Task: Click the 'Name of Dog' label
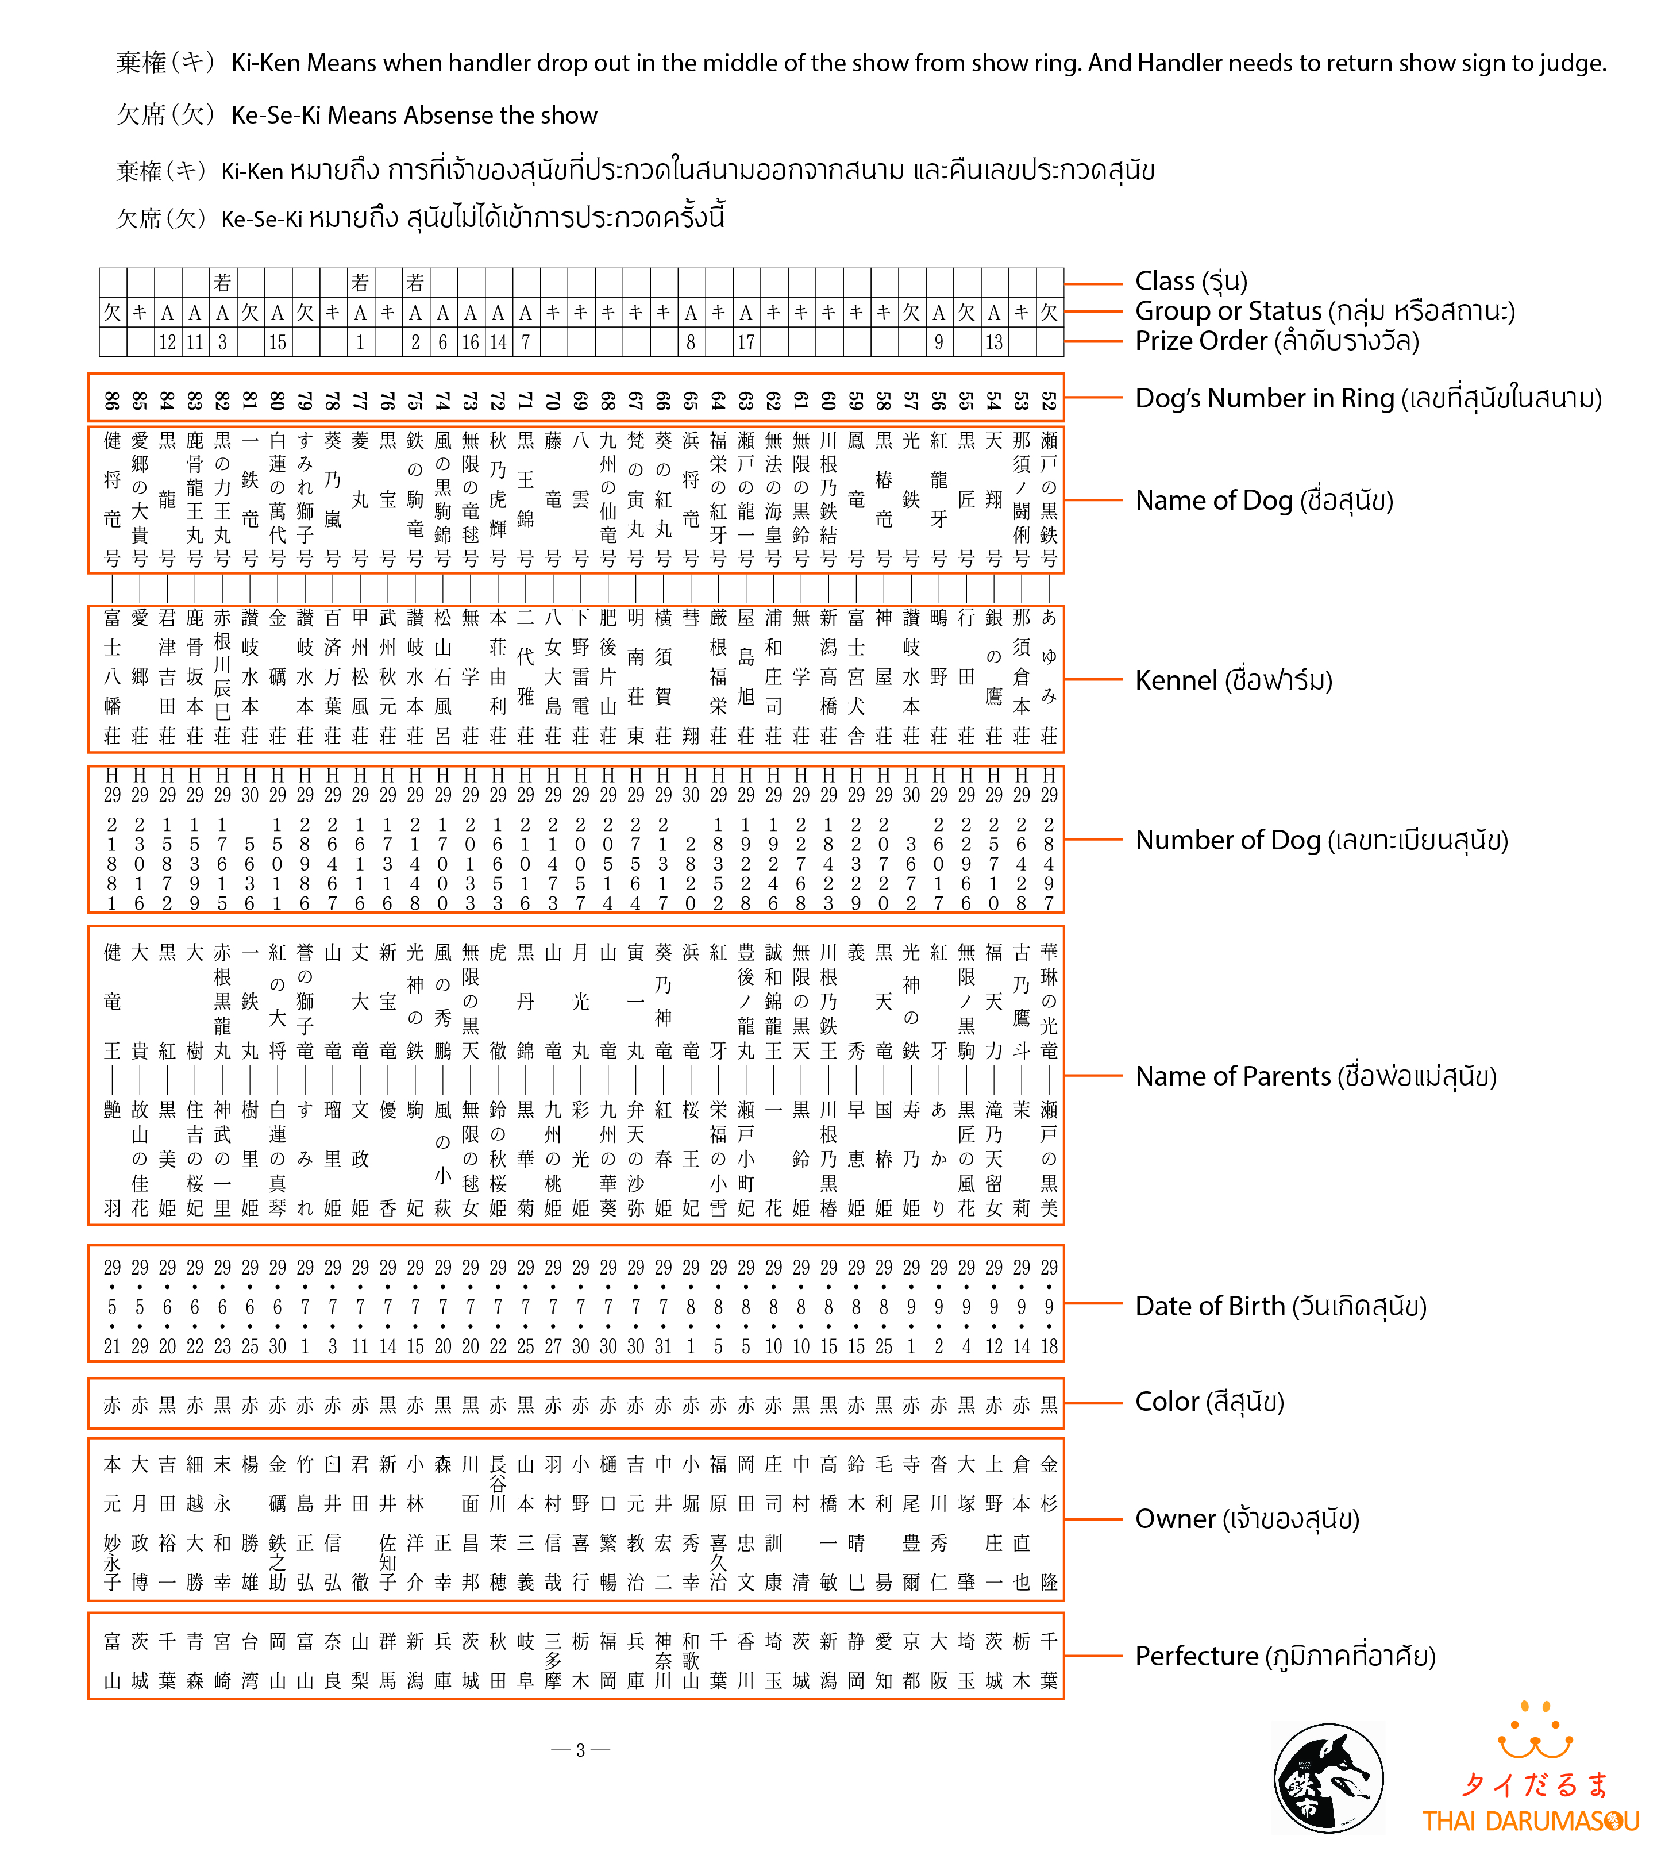1264,501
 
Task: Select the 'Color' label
1209,1402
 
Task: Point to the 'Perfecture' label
1285,1656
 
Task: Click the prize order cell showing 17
746,342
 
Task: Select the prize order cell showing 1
360,342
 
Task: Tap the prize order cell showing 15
278,342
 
